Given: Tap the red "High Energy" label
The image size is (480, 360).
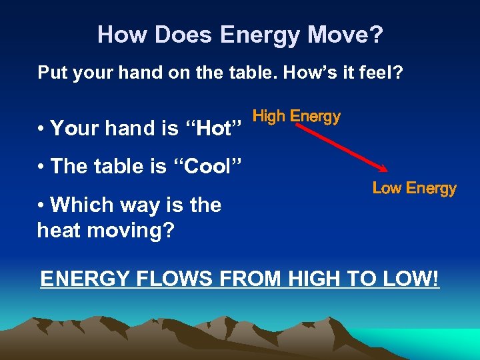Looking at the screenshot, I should click(x=297, y=117).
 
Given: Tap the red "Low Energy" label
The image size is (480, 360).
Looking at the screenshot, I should click(x=414, y=189).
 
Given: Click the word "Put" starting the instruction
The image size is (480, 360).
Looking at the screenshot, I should click(x=53, y=72).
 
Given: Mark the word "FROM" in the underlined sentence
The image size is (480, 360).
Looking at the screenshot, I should click(x=246, y=278).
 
